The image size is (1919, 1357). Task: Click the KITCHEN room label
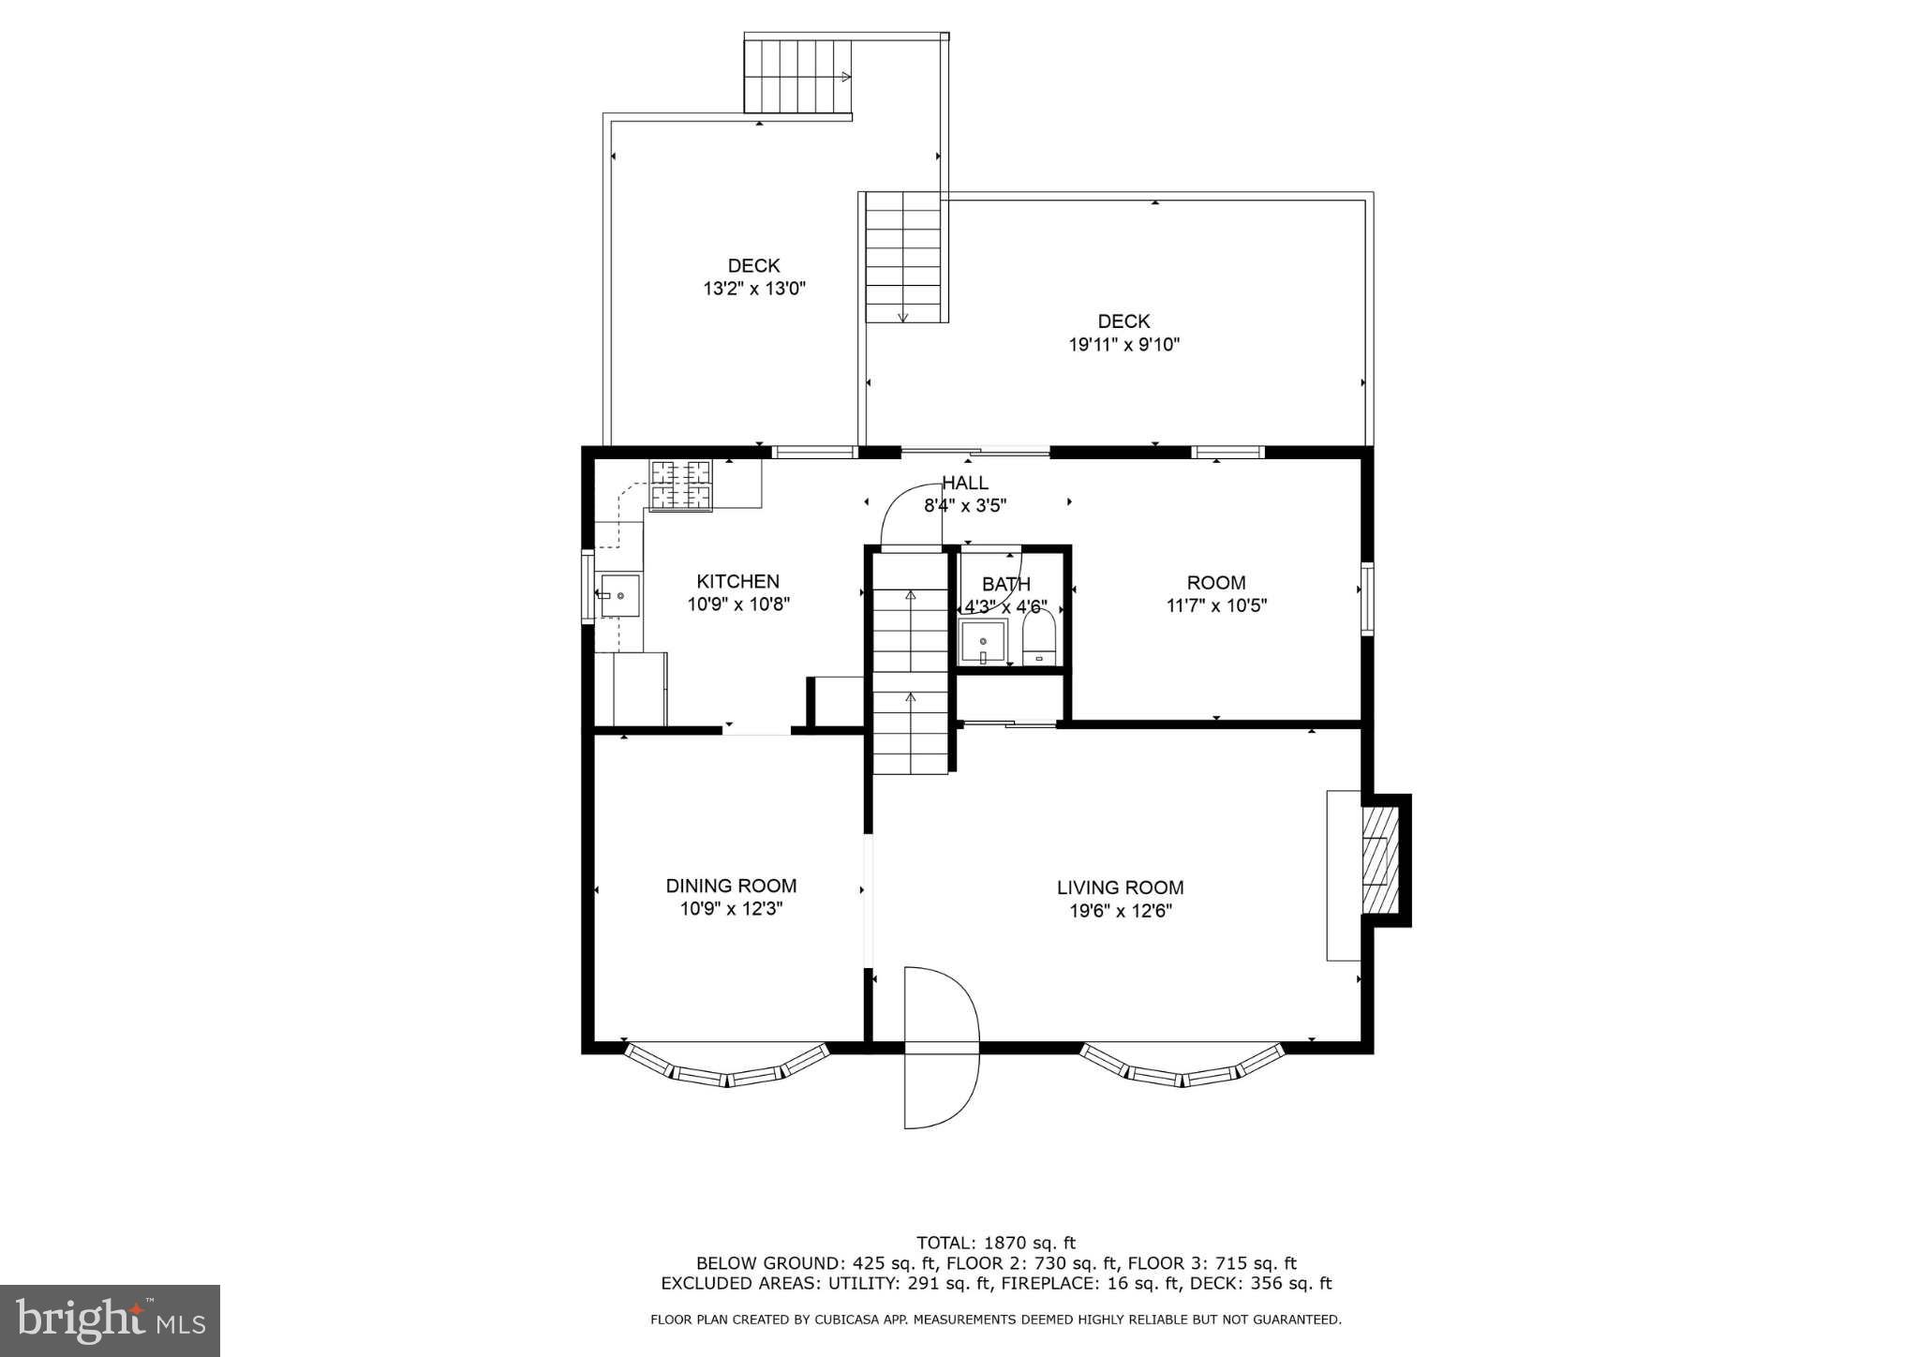737,582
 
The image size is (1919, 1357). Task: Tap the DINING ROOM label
731,886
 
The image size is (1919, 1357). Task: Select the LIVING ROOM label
1120,887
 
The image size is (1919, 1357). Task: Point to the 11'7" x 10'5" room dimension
1215,605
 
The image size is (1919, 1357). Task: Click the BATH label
1005,585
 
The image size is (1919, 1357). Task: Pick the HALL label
965,484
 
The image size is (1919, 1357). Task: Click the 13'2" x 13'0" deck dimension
754,289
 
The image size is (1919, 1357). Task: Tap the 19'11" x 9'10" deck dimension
1123,345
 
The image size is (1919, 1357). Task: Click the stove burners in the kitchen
681,485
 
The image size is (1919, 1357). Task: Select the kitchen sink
619,596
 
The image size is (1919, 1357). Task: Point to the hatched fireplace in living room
1377,860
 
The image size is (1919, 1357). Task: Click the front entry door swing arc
941,1047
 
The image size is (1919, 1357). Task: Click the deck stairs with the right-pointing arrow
798,77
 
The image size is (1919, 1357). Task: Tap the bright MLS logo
110,1320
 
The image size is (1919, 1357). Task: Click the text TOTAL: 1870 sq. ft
995,1243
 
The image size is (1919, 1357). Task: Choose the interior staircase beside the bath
910,665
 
